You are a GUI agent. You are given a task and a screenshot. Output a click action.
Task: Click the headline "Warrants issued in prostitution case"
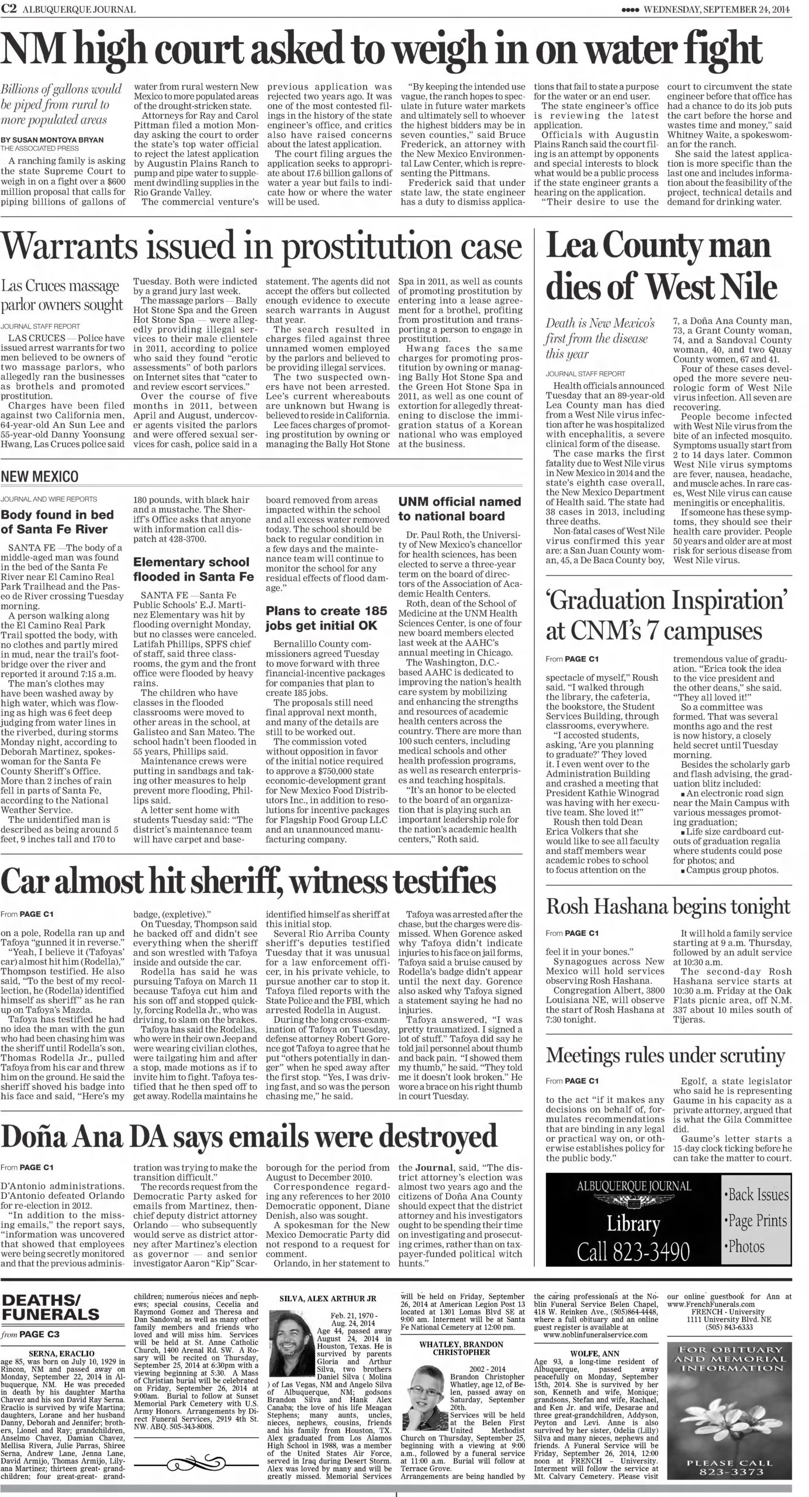coord(261,249)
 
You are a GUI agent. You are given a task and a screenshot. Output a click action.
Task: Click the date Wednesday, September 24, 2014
coord(725,9)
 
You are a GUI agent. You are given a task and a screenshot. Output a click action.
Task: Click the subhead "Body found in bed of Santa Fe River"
coord(54,522)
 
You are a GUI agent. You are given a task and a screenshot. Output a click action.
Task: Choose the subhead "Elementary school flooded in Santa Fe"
coord(192,569)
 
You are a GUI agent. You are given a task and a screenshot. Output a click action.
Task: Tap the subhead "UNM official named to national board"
coord(459,509)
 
